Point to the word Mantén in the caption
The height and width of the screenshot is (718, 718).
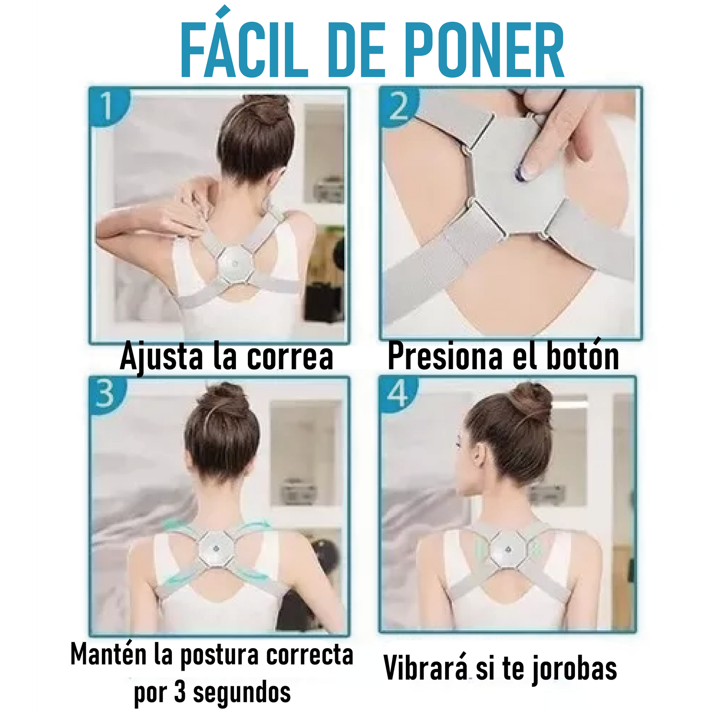tap(108, 654)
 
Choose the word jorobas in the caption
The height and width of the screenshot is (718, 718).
tap(574, 669)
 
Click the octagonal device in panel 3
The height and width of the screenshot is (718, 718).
tap(217, 549)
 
